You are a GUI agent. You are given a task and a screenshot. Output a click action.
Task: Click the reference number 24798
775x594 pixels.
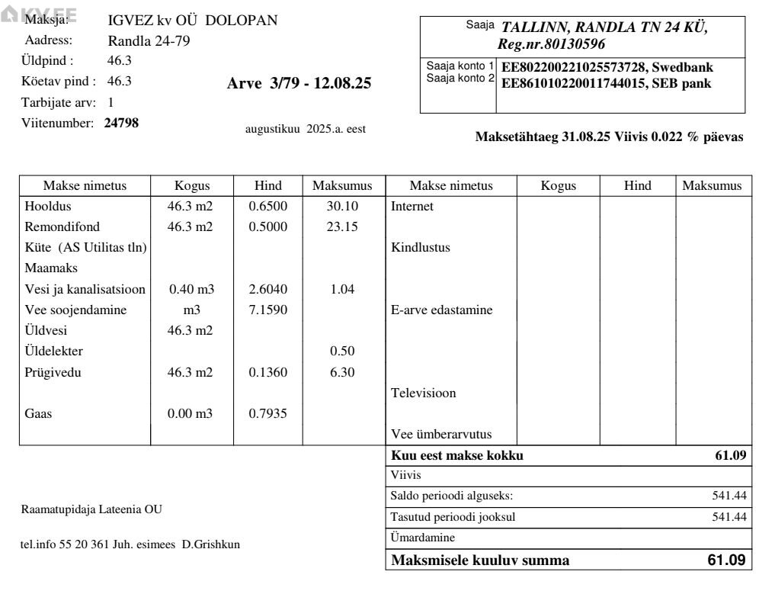(121, 122)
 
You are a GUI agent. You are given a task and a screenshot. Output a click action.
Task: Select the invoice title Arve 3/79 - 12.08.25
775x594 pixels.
(299, 84)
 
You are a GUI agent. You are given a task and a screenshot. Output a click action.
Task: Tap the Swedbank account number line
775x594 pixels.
(607, 68)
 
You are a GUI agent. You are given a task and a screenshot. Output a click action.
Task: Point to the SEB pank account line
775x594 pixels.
(606, 83)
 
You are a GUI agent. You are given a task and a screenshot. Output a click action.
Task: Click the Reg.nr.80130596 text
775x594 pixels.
(551, 44)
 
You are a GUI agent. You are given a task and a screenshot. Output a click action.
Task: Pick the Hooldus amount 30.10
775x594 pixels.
(342, 207)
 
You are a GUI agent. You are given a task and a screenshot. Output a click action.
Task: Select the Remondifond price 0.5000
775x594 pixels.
(268, 227)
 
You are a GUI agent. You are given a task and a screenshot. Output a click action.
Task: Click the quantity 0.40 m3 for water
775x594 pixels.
(191, 290)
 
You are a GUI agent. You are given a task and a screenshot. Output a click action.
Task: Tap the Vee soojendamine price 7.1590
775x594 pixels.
(268, 310)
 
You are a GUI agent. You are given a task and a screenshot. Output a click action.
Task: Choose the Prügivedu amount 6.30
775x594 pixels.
(342, 373)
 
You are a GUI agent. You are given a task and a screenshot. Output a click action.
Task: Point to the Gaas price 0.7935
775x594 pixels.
(268, 414)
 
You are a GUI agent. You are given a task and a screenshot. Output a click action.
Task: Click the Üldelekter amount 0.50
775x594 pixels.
(342, 352)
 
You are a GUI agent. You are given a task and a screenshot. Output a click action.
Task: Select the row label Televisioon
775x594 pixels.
(424, 393)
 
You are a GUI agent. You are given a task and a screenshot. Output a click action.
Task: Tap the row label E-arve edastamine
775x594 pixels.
(441, 310)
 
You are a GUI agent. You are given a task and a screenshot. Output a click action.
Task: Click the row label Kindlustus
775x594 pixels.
(421, 248)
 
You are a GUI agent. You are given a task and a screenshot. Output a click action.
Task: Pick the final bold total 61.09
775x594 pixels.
(726, 560)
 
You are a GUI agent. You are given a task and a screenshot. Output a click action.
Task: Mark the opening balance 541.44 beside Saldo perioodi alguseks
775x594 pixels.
(729, 496)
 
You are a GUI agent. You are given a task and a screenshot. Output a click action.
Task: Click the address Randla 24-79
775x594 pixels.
(149, 41)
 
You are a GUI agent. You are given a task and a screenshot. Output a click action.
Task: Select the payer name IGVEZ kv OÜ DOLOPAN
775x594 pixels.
(193, 21)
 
